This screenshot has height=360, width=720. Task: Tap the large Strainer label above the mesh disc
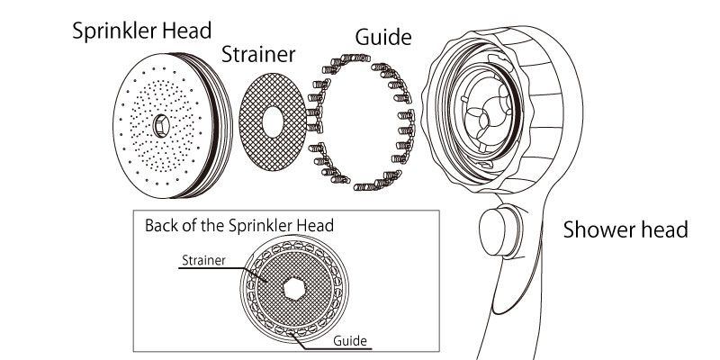click(x=258, y=54)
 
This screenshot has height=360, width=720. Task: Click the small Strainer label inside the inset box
click(x=202, y=261)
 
